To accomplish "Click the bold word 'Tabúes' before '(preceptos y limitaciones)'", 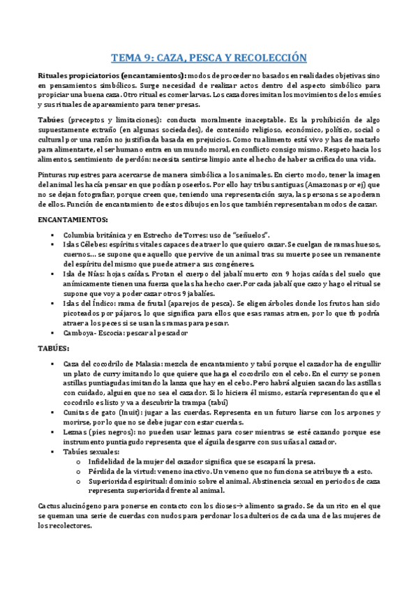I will tap(50, 120).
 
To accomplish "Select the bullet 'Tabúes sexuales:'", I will tap(90, 452).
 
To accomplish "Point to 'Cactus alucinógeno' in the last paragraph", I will tap(68, 504).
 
